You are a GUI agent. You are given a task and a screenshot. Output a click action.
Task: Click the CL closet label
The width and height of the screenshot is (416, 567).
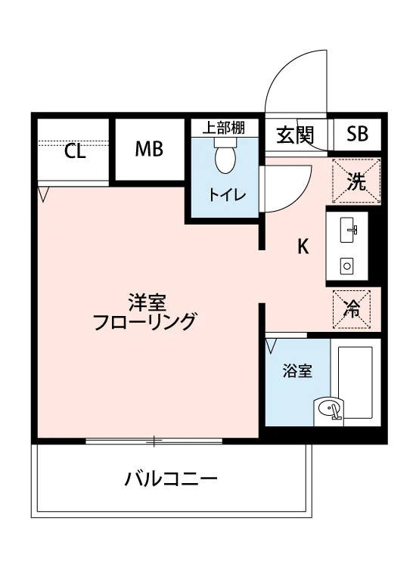75,151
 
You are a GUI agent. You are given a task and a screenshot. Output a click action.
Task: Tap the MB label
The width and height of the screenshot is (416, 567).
149,149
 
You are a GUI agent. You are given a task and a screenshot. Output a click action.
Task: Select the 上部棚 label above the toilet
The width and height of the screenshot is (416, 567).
223,128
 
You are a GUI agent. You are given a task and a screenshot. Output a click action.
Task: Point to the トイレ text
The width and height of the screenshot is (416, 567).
227,195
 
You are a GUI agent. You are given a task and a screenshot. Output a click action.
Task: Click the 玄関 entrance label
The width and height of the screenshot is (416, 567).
295,135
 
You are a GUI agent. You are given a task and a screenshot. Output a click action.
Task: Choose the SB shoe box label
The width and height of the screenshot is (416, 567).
357,133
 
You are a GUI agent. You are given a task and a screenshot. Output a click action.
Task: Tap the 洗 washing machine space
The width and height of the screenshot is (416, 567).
356,181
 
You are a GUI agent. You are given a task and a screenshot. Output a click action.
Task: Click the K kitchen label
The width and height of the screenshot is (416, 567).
303,247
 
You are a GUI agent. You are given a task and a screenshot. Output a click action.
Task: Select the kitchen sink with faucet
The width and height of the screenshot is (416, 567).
348,230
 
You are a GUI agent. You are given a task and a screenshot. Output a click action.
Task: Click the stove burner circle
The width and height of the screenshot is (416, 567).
346,267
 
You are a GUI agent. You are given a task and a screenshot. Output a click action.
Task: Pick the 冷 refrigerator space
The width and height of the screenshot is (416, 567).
352,309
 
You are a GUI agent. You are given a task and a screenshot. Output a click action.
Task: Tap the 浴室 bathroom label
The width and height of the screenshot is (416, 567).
297,371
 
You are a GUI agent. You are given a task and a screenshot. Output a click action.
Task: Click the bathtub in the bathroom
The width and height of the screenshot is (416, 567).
355,383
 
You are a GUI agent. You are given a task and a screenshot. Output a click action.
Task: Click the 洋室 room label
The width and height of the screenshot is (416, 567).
147,303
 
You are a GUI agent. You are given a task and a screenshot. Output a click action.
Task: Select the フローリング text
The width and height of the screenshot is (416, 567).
144,321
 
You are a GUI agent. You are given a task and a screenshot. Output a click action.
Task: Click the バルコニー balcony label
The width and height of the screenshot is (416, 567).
171,479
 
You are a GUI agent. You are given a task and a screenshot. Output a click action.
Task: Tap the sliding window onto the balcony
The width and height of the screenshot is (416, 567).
154,441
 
